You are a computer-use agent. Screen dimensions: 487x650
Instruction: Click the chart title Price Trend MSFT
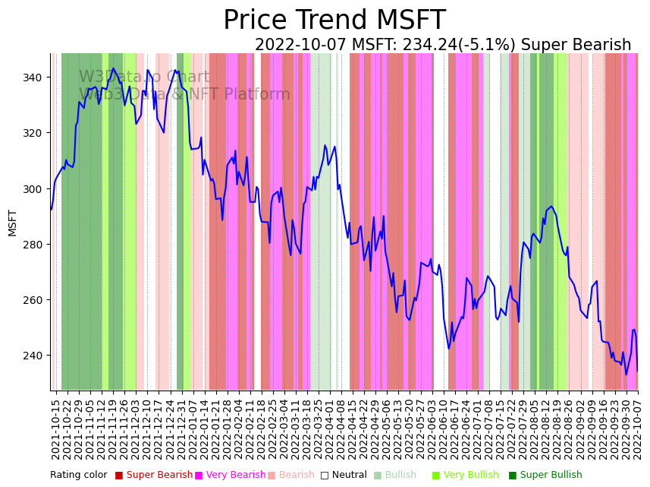[334, 21]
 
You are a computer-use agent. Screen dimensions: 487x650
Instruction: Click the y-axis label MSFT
[12, 223]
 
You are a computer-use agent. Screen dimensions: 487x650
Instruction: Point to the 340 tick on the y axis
[36, 77]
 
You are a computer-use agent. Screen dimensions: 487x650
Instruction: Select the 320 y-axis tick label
[36, 133]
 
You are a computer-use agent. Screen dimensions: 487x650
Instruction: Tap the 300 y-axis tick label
[36, 188]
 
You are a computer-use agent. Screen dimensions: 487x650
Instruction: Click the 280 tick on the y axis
[36, 244]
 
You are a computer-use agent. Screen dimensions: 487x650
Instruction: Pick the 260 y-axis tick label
[36, 299]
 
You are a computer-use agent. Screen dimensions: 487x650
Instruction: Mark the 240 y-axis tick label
[36, 355]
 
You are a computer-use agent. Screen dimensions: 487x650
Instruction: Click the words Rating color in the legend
[79, 476]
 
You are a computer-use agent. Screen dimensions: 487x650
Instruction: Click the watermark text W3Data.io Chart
[144, 77]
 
